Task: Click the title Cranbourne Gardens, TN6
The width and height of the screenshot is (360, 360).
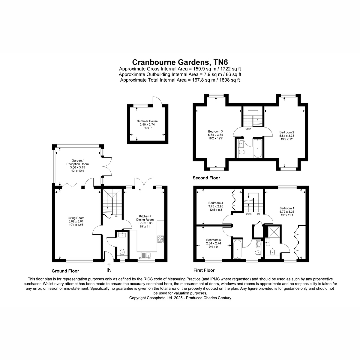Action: [180, 62]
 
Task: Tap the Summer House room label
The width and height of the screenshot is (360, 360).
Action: [147, 121]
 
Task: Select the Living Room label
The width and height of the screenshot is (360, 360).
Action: [76, 218]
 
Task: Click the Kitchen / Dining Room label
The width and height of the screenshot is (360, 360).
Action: [145, 218]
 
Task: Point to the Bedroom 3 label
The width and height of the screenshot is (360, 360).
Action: [215, 131]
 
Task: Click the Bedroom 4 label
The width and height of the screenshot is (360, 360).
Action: [216, 203]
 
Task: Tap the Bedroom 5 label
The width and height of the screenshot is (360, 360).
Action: [214, 240]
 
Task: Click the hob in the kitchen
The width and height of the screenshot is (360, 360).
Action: [160, 239]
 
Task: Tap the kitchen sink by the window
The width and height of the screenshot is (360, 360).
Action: [146, 255]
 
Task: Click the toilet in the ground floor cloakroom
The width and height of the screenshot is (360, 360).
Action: [122, 252]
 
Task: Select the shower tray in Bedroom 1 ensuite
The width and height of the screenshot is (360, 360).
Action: [274, 232]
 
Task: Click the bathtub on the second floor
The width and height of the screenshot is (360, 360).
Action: [258, 148]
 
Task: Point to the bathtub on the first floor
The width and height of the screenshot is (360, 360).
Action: [237, 249]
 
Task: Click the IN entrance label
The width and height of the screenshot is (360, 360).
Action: [109, 270]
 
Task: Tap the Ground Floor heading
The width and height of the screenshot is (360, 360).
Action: [65, 271]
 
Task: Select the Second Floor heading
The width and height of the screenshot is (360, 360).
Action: [206, 178]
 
